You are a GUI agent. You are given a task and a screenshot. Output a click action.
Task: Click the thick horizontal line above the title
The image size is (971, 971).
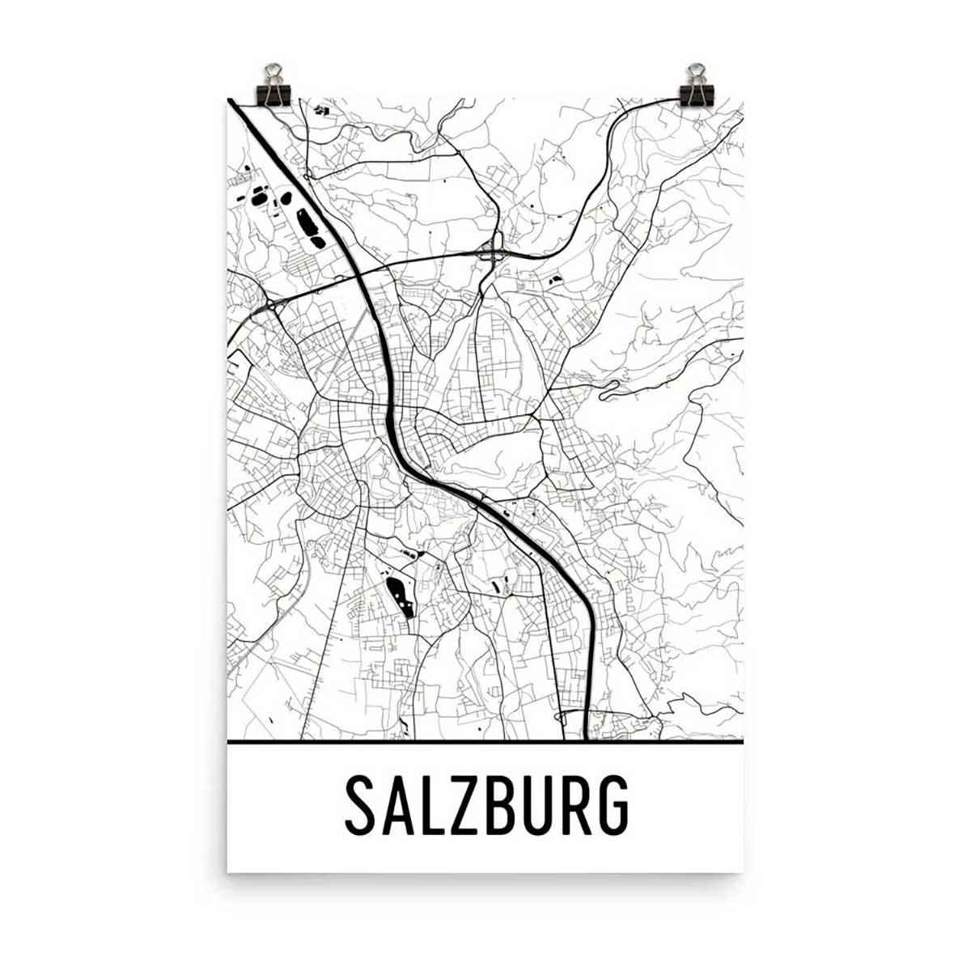point(485,740)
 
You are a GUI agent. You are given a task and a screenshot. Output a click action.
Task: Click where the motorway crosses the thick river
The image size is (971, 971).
point(358,276)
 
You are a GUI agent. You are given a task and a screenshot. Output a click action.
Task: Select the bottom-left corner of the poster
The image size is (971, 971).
point(228,871)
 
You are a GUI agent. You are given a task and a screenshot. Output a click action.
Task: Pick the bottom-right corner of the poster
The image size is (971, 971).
point(743,871)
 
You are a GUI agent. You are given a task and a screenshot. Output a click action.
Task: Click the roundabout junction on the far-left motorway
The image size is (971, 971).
point(269,305)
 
